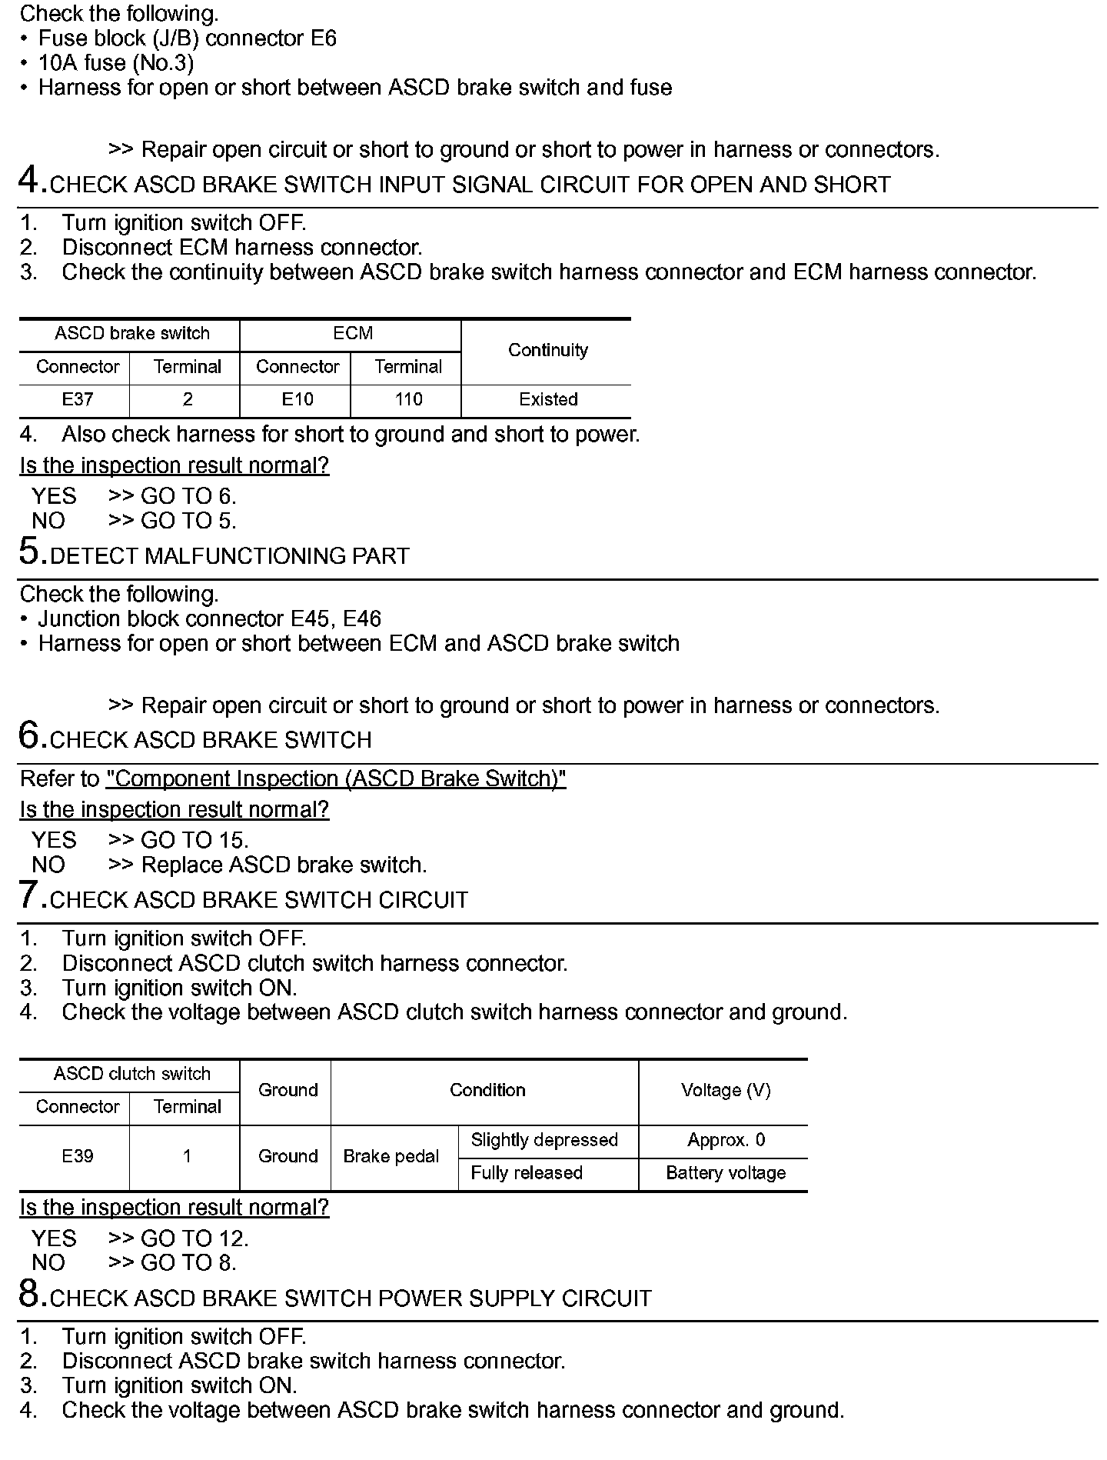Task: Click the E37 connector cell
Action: (77, 399)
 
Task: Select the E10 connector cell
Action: (297, 399)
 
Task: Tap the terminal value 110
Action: (408, 399)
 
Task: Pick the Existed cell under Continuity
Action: (547, 399)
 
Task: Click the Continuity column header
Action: (547, 351)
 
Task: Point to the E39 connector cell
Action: (77, 1156)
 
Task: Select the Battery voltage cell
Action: (725, 1173)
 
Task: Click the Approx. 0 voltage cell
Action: (725, 1140)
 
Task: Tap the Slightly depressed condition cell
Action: (544, 1140)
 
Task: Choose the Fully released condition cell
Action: (527, 1173)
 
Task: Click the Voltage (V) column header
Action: (725, 1090)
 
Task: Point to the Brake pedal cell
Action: (391, 1156)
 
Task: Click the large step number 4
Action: (29, 182)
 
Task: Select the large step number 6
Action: (29, 736)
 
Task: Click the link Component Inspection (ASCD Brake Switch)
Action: (336, 779)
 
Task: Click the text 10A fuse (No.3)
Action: (116, 63)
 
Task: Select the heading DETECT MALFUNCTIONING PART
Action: (229, 556)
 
